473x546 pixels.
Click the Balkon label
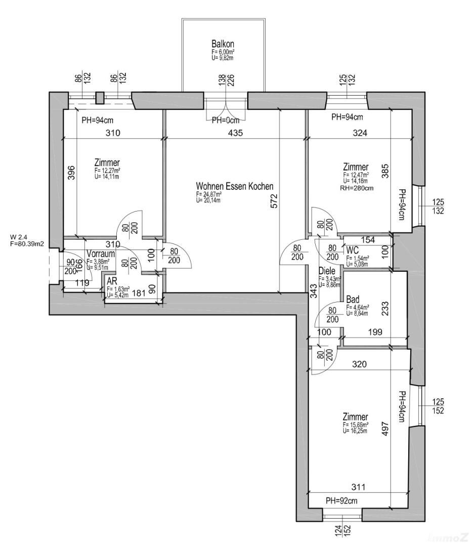pyautogui.click(x=223, y=44)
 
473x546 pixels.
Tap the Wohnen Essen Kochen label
pyautogui.click(x=235, y=186)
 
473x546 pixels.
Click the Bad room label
pyautogui.click(x=353, y=300)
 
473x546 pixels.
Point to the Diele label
pyautogui.click(x=327, y=271)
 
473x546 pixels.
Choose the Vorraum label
pyautogui.click(x=100, y=254)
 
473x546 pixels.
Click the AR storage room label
pyautogui.click(x=112, y=282)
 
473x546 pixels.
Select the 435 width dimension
pyautogui.click(x=236, y=134)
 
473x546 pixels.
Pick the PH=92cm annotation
pyautogui.click(x=341, y=501)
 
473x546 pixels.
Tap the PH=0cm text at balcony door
pyautogui.click(x=225, y=120)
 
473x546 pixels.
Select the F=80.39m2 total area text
pyautogui.click(x=27, y=244)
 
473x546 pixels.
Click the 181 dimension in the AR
pyautogui.click(x=139, y=292)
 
